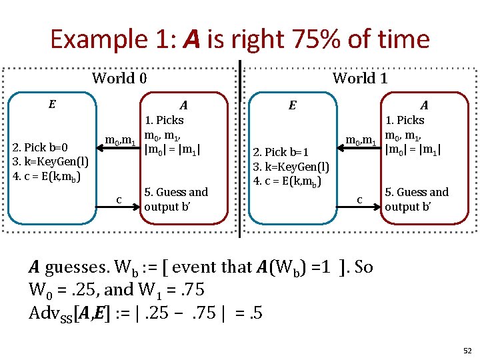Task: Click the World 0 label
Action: (119, 79)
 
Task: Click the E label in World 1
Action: (291, 104)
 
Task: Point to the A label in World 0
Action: (183, 104)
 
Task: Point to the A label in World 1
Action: (423, 104)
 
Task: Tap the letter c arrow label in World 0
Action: (119, 199)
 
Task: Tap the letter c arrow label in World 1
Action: (359, 199)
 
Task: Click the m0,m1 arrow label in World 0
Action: (121, 141)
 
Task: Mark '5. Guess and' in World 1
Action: (417, 192)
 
